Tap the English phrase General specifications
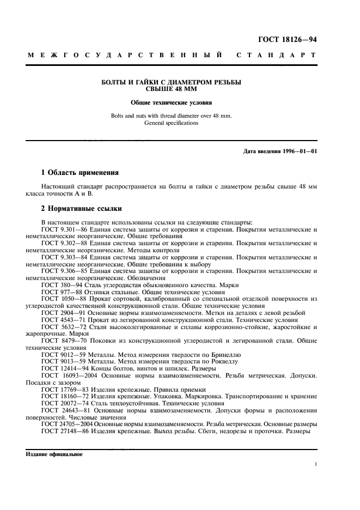click(x=172, y=123)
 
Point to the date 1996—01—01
click(x=298, y=151)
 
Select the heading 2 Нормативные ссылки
click(x=82, y=209)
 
